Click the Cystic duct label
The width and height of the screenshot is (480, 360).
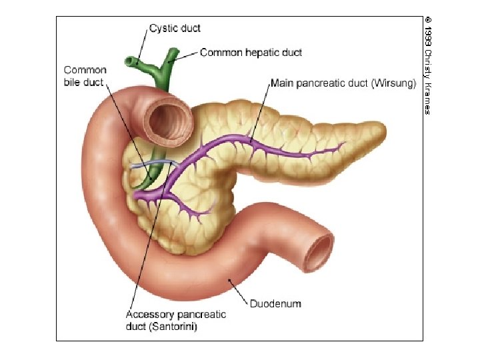[x=175, y=29]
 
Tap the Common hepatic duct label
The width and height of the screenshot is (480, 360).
[x=251, y=52]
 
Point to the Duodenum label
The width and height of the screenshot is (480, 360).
[x=275, y=304]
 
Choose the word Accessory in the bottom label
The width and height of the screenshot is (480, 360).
[x=151, y=315]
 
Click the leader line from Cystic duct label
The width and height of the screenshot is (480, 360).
[x=141, y=44]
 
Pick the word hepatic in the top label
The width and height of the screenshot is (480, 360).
[x=261, y=52]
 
